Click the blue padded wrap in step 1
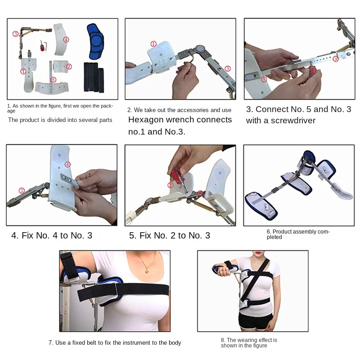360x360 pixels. [x=95, y=41]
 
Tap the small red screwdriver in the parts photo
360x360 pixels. [x=42, y=46]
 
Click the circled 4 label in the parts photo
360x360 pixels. [x=66, y=40]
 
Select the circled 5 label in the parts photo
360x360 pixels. [x=53, y=80]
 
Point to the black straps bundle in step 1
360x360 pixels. [x=94, y=77]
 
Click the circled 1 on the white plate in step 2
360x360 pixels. [x=153, y=44]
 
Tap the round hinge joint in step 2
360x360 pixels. [x=200, y=49]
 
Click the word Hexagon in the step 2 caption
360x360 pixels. [x=145, y=120]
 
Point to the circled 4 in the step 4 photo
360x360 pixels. [x=67, y=164]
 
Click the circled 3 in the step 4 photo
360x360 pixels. [x=22, y=190]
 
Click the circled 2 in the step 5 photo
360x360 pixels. [x=171, y=185]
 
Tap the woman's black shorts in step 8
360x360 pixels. [x=253, y=321]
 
